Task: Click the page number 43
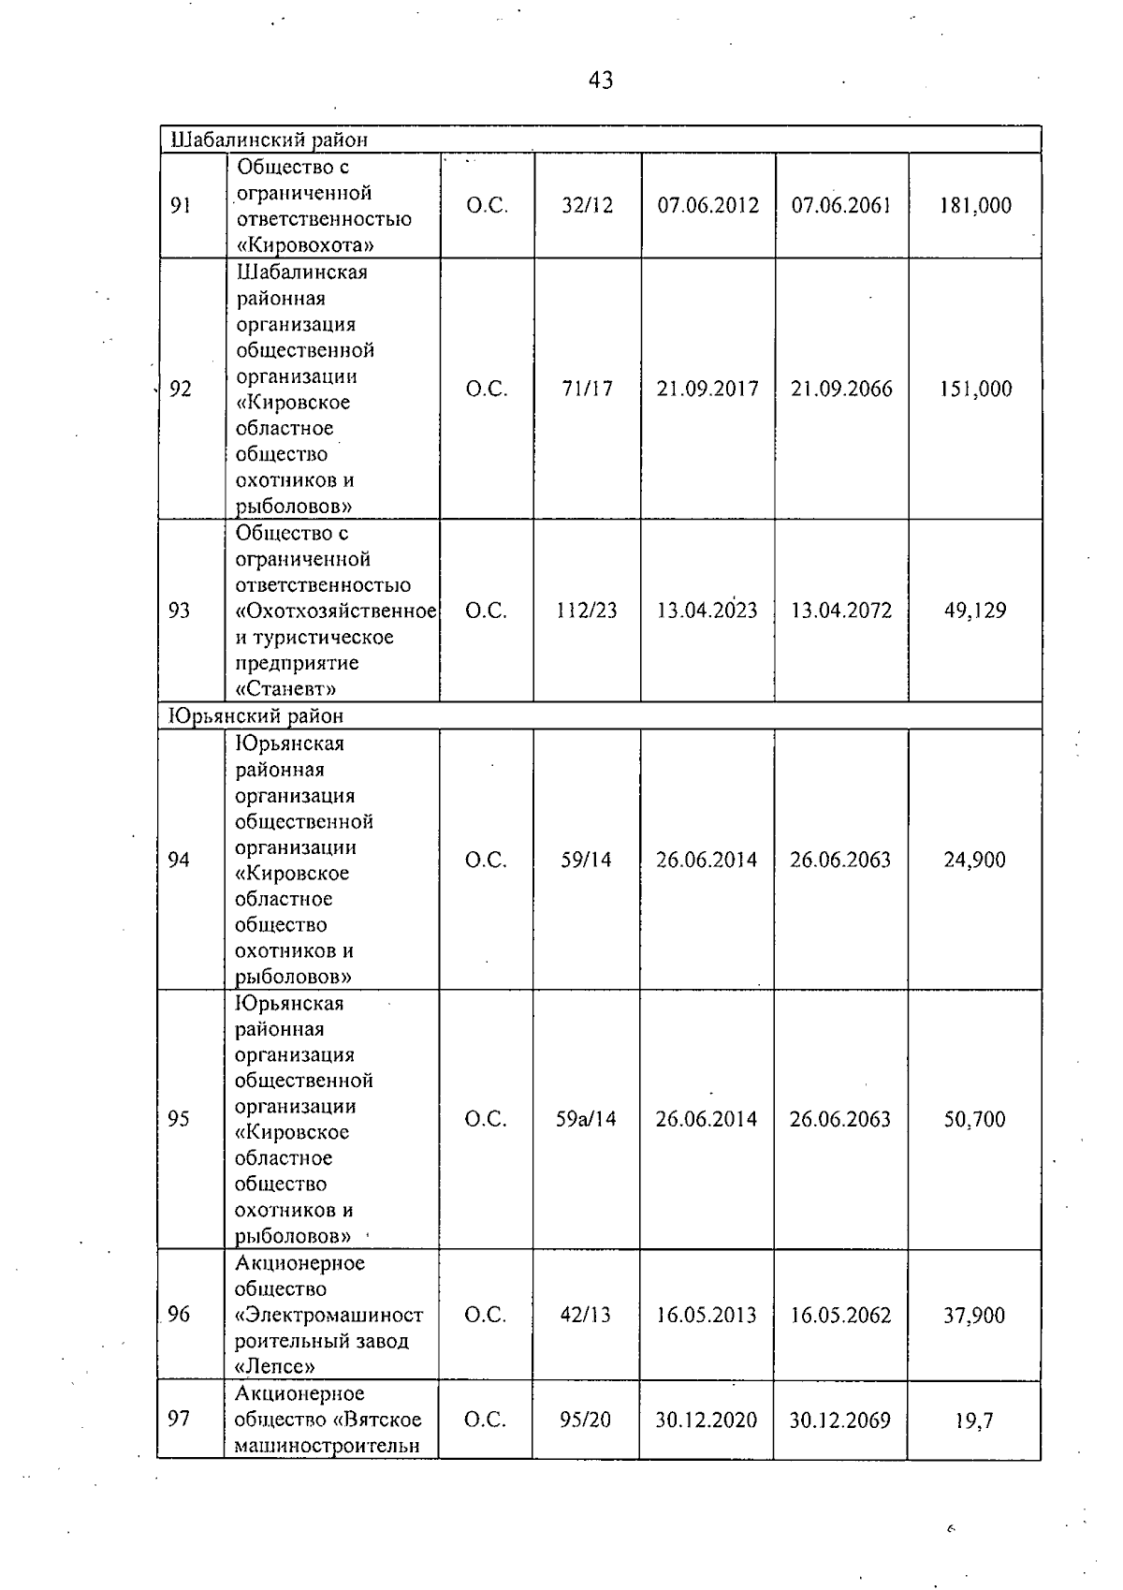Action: click(601, 81)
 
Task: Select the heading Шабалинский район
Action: click(269, 140)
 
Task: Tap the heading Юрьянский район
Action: click(255, 716)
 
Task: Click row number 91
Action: click(181, 206)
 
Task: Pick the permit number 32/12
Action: click(587, 206)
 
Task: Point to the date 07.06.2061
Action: click(841, 206)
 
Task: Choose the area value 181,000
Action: click(975, 206)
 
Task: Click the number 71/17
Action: click(587, 389)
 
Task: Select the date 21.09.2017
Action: click(707, 389)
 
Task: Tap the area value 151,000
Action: click(975, 389)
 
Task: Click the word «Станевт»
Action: click(286, 689)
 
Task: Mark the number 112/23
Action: click(587, 611)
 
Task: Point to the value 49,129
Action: click(975, 611)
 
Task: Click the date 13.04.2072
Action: click(841, 611)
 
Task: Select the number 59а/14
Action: click(586, 1119)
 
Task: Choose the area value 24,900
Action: click(974, 860)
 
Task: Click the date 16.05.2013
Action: click(707, 1315)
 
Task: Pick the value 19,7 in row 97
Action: click(974, 1421)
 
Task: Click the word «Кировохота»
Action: click(305, 245)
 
